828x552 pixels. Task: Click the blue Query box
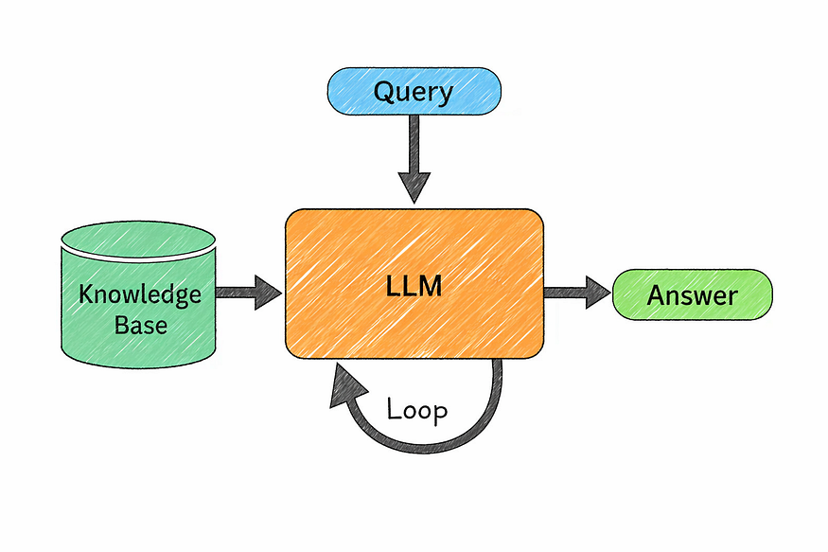click(x=413, y=92)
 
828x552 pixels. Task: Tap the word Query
click(x=413, y=93)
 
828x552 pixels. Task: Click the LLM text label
click(x=414, y=286)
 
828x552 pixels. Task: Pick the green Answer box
click(x=693, y=294)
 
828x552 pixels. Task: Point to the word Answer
click(x=693, y=294)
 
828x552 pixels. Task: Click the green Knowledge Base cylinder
click(x=139, y=303)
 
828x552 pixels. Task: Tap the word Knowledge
click(x=140, y=294)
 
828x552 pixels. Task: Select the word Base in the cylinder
click(x=140, y=325)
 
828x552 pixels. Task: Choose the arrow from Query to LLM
click(x=414, y=156)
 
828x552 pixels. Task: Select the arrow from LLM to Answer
click(x=576, y=293)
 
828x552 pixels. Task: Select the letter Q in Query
click(x=384, y=92)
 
